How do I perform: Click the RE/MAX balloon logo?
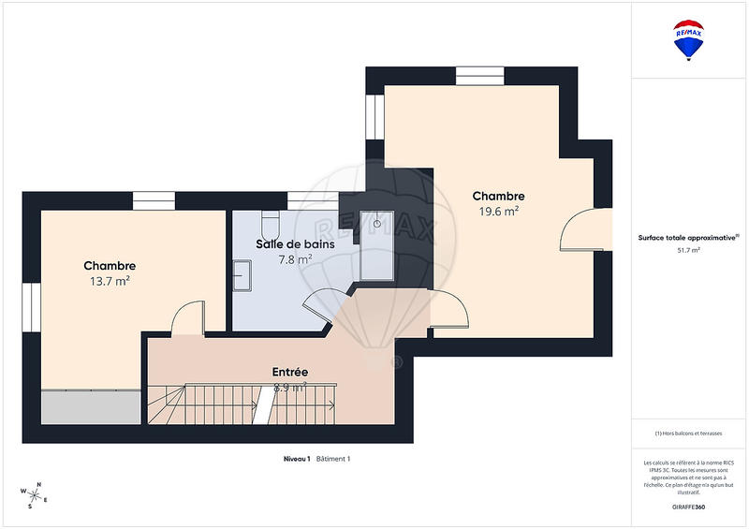coord(689,40)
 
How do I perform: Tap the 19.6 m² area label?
coord(498,212)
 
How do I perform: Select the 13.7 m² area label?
coord(110,282)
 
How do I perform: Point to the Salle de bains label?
coord(295,243)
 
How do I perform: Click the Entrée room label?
coord(289,372)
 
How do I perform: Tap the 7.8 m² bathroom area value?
coord(295,259)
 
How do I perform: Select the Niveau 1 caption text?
coord(297,459)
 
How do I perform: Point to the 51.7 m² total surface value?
coord(689,251)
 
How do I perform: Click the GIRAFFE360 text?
coord(689,507)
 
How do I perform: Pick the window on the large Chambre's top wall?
coord(479,74)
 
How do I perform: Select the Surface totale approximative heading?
coord(689,237)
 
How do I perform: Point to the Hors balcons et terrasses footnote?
coord(689,433)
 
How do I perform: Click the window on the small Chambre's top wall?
coord(154,199)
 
